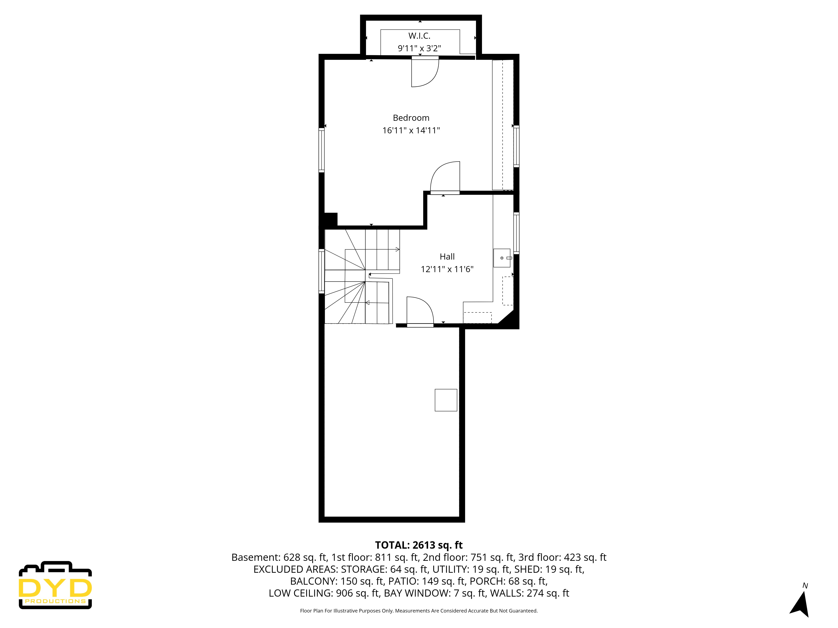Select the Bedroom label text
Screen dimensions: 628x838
tap(411, 118)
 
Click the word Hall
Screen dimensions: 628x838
tap(447, 257)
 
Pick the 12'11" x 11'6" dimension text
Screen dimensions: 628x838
tap(447, 269)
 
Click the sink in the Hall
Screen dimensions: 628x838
tap(502, 258)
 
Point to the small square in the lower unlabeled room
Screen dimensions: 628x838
tap(446, 400)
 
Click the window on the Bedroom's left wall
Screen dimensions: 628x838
tap(322, 150)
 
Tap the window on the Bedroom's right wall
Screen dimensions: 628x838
tap(516, 146)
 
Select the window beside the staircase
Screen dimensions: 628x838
tap(322, 271)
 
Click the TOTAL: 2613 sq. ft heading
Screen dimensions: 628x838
tap(419, 545)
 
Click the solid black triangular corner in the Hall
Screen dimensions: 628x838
tap(508, 319)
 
